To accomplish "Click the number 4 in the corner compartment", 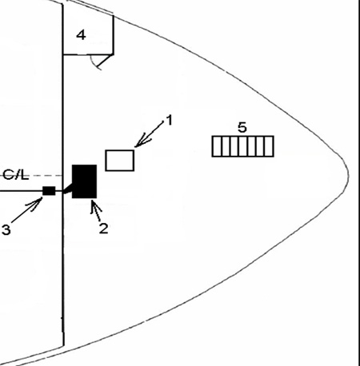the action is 81,35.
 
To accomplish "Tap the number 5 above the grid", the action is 242,128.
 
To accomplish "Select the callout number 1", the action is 169,120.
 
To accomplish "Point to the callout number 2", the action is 103,229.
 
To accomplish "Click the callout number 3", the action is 6,229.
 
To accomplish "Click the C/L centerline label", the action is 16,175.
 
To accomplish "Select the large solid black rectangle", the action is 84,181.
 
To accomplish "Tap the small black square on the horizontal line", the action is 49,191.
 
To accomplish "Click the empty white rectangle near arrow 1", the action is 120,161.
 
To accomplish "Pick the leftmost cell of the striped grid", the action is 217,146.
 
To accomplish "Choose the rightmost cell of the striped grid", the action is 269,146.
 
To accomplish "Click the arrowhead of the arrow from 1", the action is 135,146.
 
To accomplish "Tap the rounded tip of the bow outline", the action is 348,175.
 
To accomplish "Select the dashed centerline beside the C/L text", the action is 46,176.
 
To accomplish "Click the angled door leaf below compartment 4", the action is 105,61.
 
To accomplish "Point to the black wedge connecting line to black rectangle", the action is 69,188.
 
